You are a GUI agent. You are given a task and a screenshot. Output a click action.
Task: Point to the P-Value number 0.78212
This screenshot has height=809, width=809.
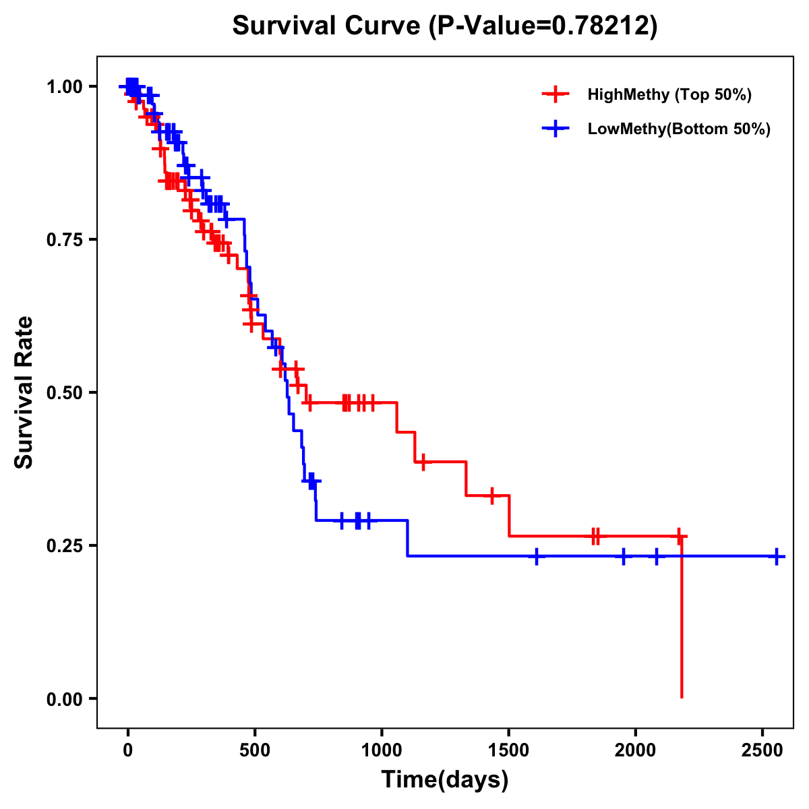point(601,26)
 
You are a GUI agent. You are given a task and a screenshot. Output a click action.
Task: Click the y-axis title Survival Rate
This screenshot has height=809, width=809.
point(24,392)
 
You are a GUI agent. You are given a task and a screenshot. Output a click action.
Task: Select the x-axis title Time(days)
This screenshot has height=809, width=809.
point(445,780)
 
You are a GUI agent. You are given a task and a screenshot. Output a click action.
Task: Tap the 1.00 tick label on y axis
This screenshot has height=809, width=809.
point(65,87)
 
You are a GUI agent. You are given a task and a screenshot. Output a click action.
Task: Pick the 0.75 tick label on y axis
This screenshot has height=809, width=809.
point(65,240)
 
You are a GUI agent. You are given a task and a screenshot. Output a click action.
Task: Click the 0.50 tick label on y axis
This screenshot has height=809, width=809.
point(65,393)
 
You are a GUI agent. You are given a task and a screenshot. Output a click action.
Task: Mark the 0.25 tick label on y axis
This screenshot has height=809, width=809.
point(65,546)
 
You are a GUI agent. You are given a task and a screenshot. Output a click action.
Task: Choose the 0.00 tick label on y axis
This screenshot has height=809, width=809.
point(65,699)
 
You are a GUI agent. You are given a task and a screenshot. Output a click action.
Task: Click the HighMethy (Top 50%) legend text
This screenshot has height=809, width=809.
point(669,95)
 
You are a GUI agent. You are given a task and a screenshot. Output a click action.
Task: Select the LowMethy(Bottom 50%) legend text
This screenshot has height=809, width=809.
point(679,129)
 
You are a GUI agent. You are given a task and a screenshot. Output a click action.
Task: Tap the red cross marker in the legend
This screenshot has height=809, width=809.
point(556,94)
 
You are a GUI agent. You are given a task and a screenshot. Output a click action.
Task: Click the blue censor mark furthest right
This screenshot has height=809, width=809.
point(777,557)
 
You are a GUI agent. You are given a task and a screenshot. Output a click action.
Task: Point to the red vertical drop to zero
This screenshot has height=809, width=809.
point(682,620)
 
